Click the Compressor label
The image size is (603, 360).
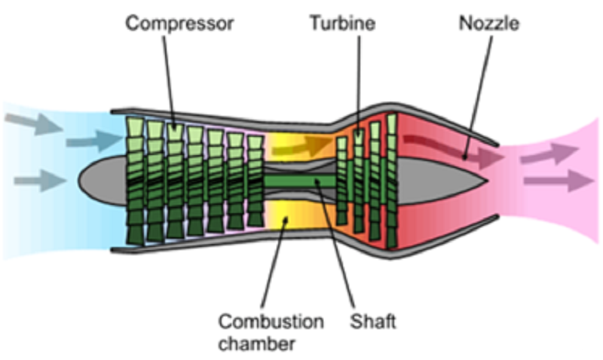[x=179, y=24]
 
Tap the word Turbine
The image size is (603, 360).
[x=343, y=23]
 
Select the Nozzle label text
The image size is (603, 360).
[x=489, y=23]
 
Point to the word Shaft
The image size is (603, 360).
[x=372, y=321]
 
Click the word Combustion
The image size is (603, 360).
[x=271, y=321]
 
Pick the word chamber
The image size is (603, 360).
[x=256, y=343]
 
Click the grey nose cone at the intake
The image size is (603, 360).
[x=103, y=180]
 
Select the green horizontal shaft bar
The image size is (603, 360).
[x=299, y=182]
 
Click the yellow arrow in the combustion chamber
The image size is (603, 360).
[x=302, y=146]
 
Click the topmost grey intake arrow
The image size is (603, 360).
[x=34, y=123]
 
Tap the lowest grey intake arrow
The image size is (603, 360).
[x=41, y=181]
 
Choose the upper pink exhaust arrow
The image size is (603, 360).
[x=550, y=154]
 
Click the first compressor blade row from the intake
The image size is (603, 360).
[x=135, y=181]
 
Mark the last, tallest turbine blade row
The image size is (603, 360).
[x=391, y=181]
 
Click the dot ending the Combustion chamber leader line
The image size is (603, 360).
[x=286, y=219]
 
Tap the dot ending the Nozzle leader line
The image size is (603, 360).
[x=464, y=157]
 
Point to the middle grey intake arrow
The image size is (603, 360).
[x=94, y=142]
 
